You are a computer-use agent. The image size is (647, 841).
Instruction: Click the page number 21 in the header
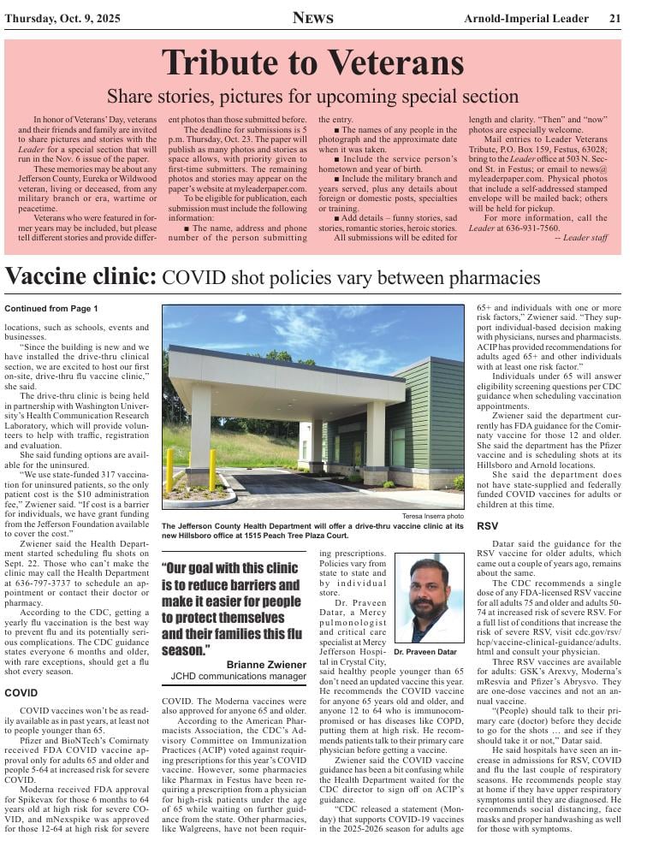[x=614, y=19]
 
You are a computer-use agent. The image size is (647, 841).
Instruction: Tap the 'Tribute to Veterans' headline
[x=312, y=62]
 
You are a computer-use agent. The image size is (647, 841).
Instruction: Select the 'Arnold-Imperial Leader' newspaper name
[x=526, y=19]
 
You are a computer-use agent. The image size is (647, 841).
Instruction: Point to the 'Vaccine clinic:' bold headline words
[x=81, y=277]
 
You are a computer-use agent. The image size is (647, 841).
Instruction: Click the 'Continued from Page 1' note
[x=51, y=308]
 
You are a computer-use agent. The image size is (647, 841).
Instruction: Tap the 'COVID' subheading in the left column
[x=22, y=692]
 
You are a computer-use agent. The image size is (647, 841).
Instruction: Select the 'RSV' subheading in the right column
[x=487, y=525]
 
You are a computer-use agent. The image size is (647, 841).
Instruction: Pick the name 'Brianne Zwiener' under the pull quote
[x=266, y=665]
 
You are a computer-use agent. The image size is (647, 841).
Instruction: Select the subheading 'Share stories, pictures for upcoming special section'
[x=312, y=97]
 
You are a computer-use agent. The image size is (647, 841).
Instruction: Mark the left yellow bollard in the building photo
[x=169, y=470]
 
